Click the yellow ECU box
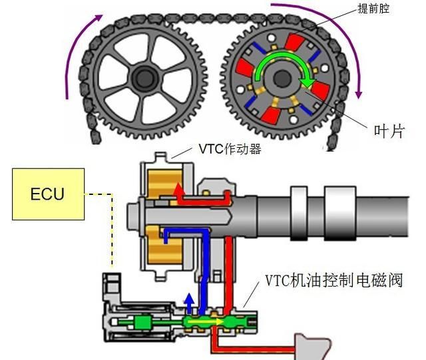48,194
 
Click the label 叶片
387,131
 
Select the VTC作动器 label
230,150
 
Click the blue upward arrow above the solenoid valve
189,302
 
